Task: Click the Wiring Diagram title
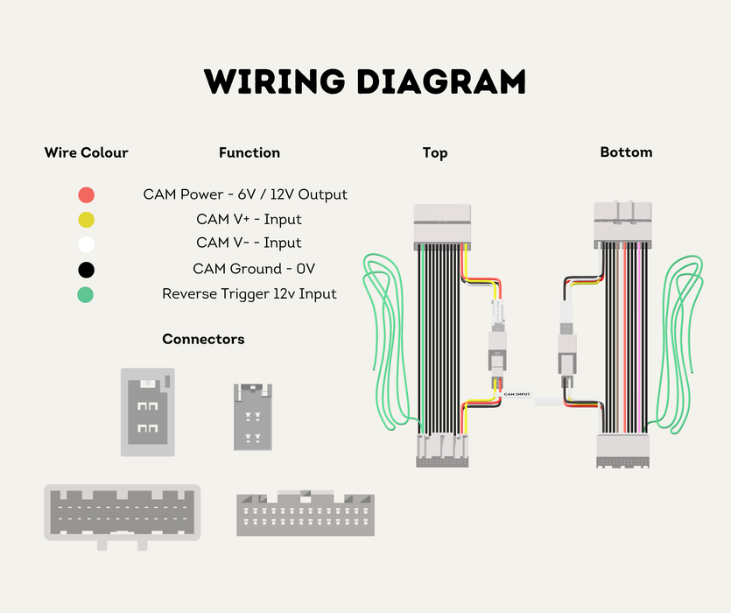365,81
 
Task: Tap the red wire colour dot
87,194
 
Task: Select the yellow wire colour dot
87,220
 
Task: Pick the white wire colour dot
87,244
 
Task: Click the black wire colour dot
87,270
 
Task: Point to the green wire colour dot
85,295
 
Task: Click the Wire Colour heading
87,152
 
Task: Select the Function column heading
250,152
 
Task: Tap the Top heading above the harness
435,153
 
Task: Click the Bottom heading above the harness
626,152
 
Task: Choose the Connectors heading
203,339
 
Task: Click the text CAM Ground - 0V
254,269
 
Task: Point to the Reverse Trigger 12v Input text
250,294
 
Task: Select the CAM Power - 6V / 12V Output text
245,194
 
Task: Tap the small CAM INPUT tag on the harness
517,394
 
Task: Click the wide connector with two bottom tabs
123,516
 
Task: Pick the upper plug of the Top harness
442,227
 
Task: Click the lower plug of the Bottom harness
622,451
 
